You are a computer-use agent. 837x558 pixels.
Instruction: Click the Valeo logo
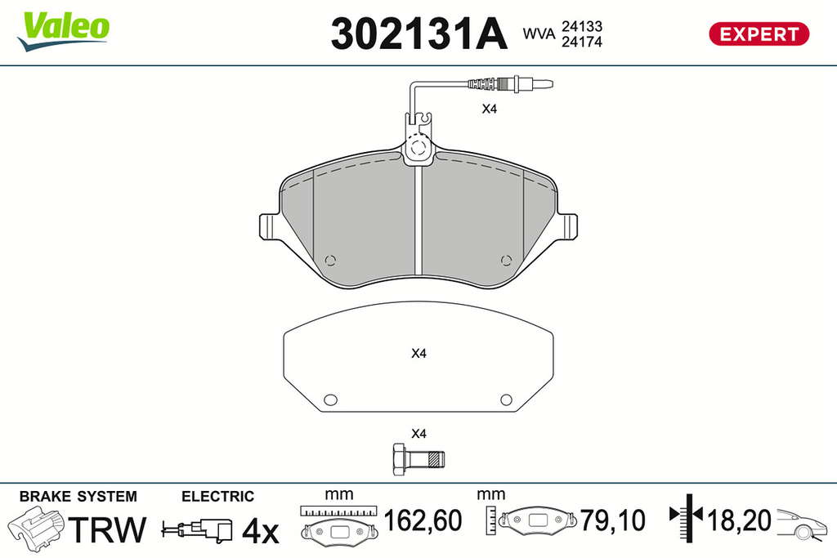(64, 32)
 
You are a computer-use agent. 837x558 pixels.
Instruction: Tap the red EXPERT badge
(759, 34)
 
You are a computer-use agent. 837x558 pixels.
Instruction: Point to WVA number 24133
(581, 26)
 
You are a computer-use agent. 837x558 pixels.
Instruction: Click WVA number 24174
(581, 42)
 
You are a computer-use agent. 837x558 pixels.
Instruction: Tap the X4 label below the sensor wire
(490, 109)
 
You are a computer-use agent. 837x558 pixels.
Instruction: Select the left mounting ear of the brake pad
(268, 227)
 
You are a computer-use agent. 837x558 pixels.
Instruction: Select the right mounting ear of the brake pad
(568, 227)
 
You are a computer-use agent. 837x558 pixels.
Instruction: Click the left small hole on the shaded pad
(330, 261)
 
